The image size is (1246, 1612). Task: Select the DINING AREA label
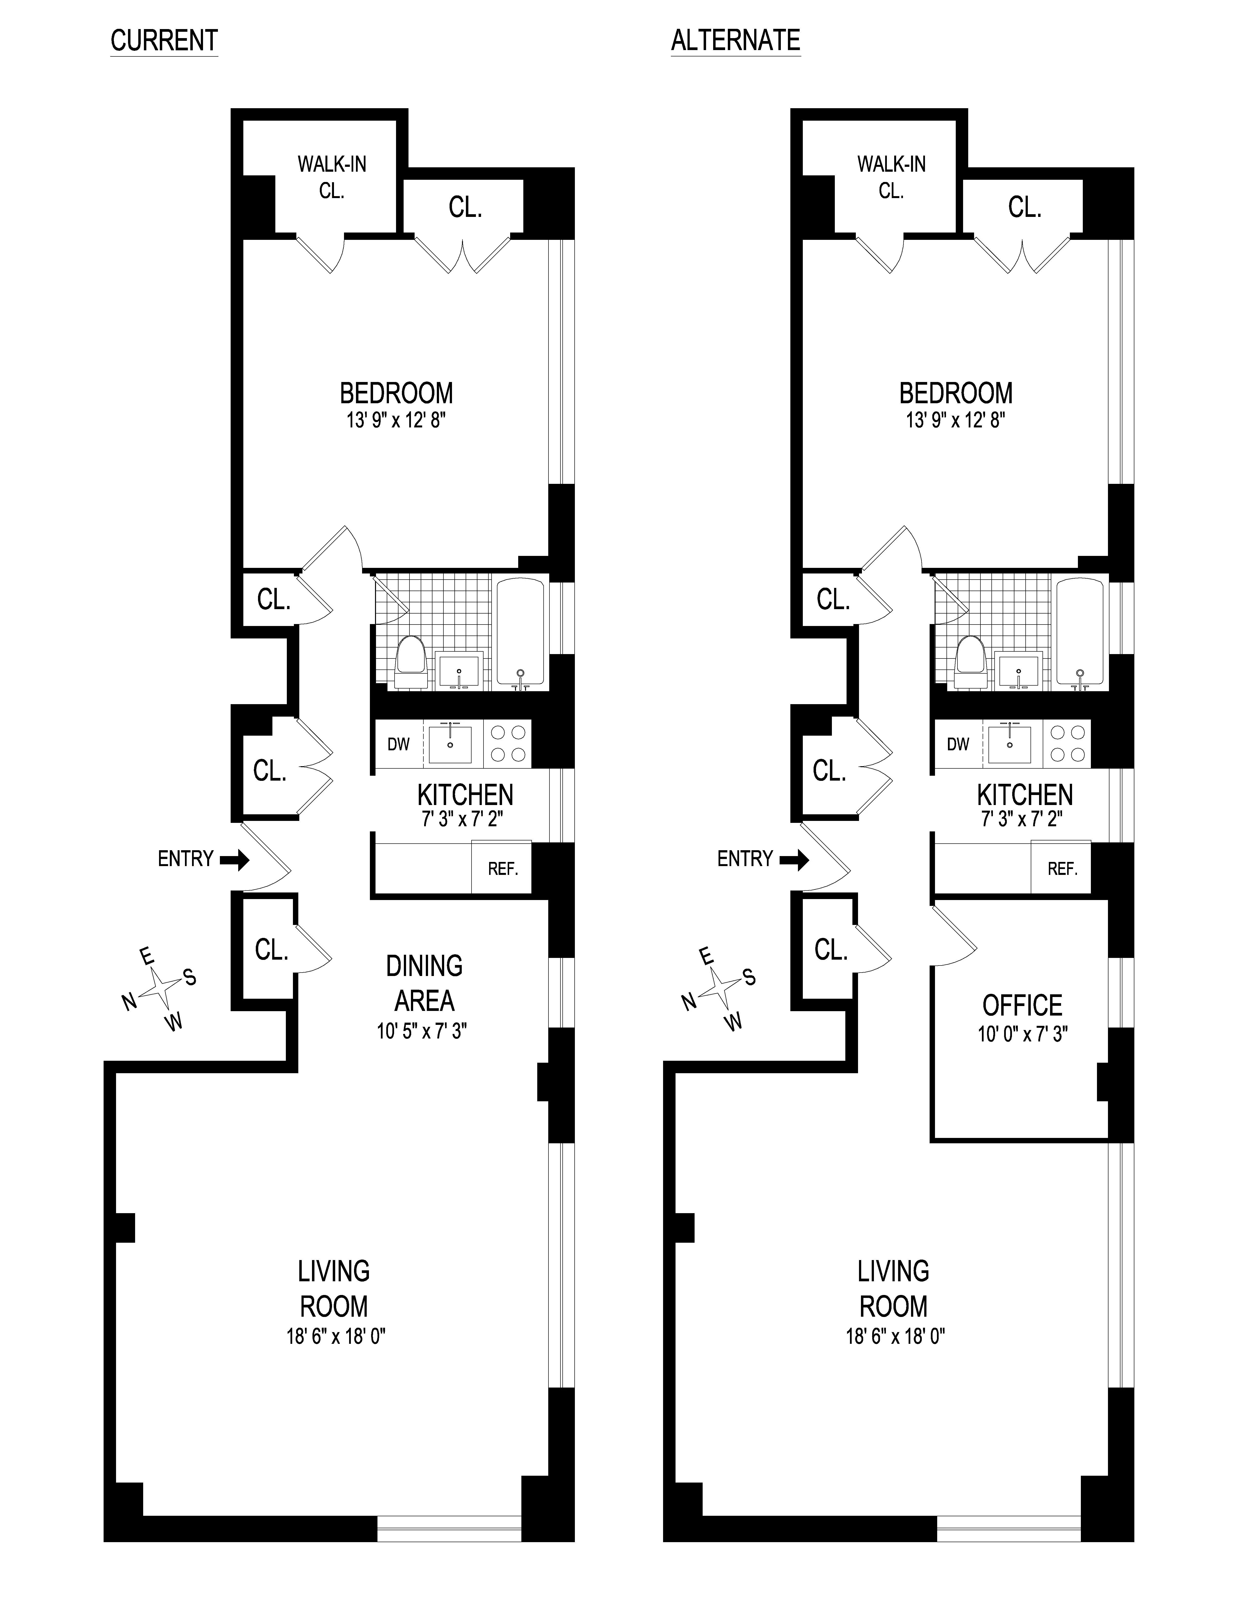pos(424,983)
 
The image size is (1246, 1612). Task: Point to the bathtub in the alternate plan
pos(1080,632)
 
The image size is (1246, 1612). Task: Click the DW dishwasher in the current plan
pos(399,744)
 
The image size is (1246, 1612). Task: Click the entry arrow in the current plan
pos(235,859)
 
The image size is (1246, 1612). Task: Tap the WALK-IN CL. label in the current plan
pos(332,177)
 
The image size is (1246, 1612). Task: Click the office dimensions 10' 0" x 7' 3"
pos(1022,1034)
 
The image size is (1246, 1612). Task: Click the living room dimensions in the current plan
pos(336,1336)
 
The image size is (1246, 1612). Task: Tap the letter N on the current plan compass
pos(129,1002)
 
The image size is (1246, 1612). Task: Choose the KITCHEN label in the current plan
pos(465,795)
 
